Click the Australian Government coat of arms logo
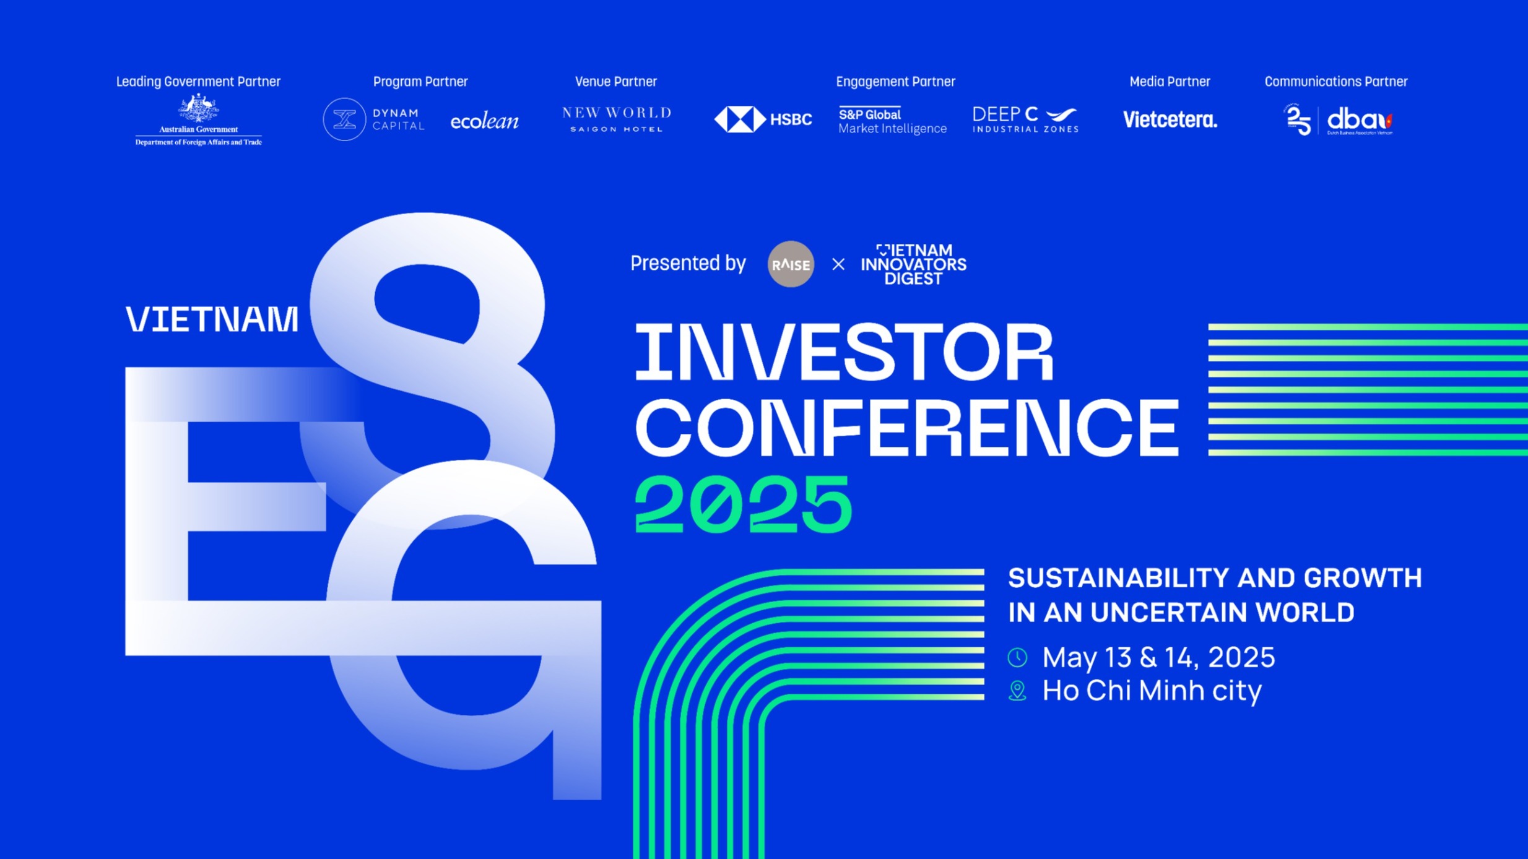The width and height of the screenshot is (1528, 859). click(x=198, y=109)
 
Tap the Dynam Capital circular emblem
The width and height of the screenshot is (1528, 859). click(x=344, y=119)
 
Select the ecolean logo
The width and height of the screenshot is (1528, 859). click(x=484, y=121)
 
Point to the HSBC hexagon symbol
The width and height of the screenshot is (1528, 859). click(x=740, y=119)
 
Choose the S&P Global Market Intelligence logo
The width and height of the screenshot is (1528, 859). click(x=892, y=120)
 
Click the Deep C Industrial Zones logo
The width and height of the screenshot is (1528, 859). click(x=1025, y=119)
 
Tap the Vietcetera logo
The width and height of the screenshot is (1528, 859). click(x=1170, y=119)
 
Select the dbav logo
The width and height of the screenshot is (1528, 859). click(x=1360, y=121)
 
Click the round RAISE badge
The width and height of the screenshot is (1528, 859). click(x=791, y=264)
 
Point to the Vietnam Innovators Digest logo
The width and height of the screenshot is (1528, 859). click(x=913, y=264)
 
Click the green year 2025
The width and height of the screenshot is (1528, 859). click(x=744, y=504)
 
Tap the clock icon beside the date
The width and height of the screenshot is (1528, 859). click(x=1017, y=657)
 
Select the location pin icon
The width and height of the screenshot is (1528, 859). click(x=1017, y=691)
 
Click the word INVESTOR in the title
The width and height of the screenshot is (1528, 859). click(x=844, y=353)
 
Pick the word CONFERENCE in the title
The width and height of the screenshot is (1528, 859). click(x=907, y=428)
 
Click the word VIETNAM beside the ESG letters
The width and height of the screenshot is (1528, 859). click(x=212, y=319)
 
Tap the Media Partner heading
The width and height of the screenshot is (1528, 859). click(x=1170, y=82)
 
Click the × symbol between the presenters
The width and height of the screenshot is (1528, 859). click(x=838, y=264)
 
